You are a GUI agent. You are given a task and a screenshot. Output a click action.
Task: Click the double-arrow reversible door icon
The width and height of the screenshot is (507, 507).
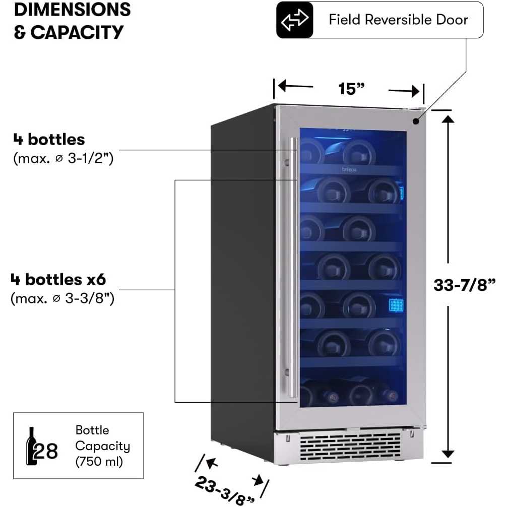pyautogui.click(x=294, y=20)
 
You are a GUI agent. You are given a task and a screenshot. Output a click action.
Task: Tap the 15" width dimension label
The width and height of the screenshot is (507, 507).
pyautogui.click(x=351, y=89)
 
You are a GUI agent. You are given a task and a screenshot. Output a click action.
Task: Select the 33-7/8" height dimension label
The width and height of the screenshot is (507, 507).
pyautogui.click(x=464, y=285)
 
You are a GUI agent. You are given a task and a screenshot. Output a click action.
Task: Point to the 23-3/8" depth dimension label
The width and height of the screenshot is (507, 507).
pyautogui.click(x=224, y=490)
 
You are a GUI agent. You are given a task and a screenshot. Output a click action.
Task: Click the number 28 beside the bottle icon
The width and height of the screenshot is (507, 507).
pyautogui.click(x=46, y=451)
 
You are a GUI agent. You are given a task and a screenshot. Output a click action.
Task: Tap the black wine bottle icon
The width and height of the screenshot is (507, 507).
pyautogui.click(x=31, y=446)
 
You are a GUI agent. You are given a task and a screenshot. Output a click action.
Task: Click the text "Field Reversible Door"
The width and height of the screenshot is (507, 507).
pyautogui.click(x=398, y=20)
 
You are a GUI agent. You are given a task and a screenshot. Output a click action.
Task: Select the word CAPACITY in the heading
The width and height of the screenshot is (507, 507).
pyautogui.click(x=77, y=32)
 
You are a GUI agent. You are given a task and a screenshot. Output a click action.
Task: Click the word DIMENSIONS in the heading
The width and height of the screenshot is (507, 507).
pyautogui.click(x=73, y=10)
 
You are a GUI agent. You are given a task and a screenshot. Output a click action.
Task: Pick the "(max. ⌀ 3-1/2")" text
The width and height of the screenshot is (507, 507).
pyautogui.click(x=64, y=158)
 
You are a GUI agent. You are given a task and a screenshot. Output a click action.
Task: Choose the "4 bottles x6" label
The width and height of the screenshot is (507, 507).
pyautogui.click(x=58, y=279)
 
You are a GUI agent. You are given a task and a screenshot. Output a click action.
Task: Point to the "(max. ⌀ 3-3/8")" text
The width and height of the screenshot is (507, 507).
pyautogui.click(x=62, y=298)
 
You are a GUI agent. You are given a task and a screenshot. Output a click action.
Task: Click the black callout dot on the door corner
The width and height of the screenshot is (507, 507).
pyautogui.click(x=416, y=121)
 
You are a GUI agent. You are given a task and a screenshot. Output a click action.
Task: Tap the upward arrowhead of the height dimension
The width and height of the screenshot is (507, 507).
pyautogui.click(x=448, y=119)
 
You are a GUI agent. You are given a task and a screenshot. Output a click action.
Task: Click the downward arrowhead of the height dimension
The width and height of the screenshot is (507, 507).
pyautogui.click(x=448, y=454)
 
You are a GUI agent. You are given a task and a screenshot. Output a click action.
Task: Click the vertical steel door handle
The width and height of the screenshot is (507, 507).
pyautogui.click(x=293, y=268)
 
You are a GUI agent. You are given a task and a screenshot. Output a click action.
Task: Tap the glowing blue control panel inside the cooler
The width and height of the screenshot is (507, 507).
pyautogui.click(x=397, y=305)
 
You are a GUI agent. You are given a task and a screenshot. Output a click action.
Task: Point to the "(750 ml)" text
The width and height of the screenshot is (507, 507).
pyautogui.click(x=99, y=462)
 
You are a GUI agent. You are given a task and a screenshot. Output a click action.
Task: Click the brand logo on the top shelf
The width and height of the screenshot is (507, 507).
pyautogui.click(x=349, y=169)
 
